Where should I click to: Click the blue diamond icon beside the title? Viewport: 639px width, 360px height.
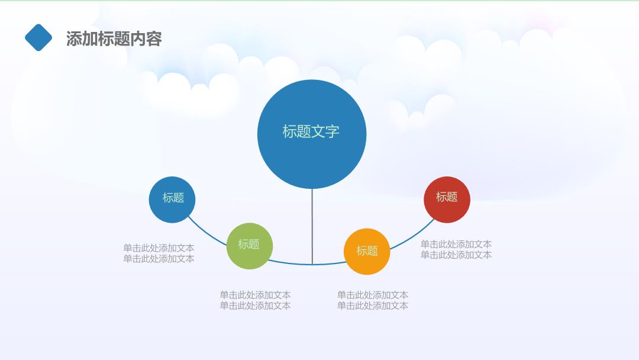pos(38,37)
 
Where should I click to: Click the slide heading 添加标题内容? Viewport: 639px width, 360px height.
pos(114,38)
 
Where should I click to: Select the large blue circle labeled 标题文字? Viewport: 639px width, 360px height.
pos(312,134)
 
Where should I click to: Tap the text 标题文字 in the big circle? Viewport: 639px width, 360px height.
pos(311,131)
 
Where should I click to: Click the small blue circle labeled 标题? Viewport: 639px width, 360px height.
pos(172,200)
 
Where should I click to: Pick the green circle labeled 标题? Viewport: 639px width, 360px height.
pos(250,246)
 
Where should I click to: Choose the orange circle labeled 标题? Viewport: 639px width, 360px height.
pos(367,252)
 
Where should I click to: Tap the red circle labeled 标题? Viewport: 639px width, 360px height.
pos(447,200)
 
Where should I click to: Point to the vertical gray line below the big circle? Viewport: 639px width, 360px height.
pos(312,226)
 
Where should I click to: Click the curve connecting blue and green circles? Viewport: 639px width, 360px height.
pos(206,233)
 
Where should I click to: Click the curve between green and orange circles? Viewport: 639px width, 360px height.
pos(308,264)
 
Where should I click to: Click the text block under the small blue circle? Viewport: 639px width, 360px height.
pos(159,253)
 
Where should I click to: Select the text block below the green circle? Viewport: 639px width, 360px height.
pos(255,300)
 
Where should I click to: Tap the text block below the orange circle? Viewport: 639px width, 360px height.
pos(373,300)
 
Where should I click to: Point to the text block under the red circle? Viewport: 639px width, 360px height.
pos(456,249)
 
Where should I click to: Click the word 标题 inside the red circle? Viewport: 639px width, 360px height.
pos(447,197)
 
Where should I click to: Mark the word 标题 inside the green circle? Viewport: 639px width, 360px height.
pos(248,244)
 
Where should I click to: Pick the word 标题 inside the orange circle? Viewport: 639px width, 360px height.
pos(367,250)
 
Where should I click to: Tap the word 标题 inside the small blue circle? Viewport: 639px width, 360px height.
pos(173,198)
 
